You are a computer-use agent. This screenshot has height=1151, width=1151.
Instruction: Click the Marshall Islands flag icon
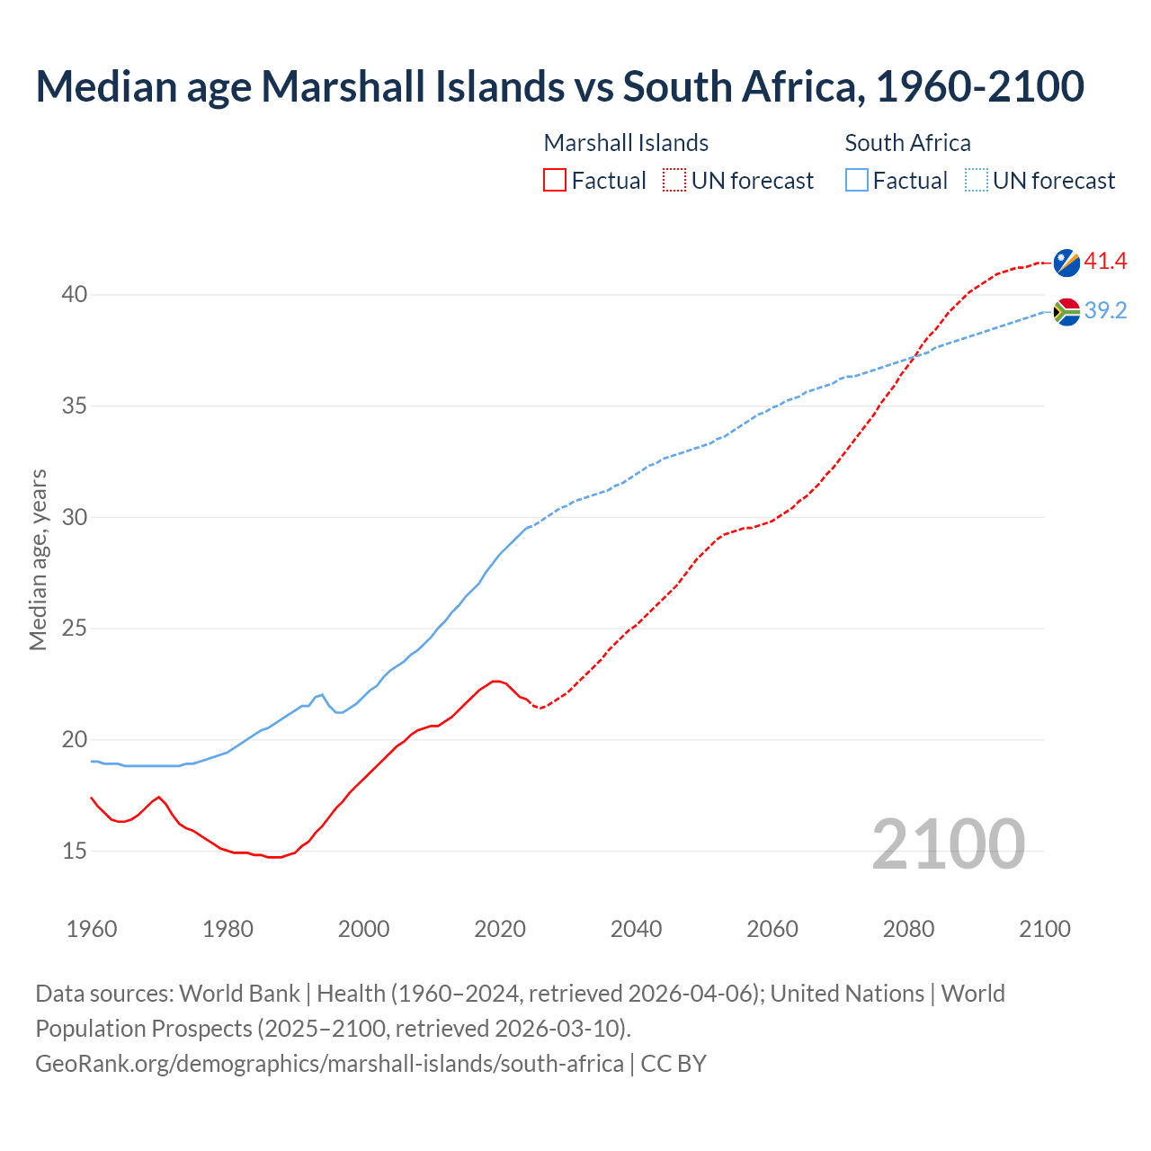1066,263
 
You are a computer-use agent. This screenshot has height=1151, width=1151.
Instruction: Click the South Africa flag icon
1066,311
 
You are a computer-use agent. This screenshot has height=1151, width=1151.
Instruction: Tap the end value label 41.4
1105,262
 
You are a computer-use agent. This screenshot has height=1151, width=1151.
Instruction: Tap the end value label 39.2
1105,310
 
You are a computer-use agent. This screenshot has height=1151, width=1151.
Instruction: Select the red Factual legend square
555,181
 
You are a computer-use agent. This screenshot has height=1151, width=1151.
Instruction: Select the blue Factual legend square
857,181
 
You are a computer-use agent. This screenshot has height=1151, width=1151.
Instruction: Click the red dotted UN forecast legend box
674,181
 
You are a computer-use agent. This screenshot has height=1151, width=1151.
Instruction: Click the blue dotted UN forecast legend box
977,181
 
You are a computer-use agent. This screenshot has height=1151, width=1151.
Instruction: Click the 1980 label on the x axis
228,929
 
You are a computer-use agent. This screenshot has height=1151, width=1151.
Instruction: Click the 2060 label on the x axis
772,929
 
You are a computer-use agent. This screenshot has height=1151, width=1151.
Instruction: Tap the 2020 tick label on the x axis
500,929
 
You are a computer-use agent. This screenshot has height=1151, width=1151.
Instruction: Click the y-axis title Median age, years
38,559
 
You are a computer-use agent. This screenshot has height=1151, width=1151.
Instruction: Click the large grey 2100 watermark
948,844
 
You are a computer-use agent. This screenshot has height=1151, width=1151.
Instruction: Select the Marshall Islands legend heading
626,143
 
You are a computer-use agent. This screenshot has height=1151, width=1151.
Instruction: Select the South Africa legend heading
907,143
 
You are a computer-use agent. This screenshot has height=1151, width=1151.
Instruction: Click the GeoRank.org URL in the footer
329,1064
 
